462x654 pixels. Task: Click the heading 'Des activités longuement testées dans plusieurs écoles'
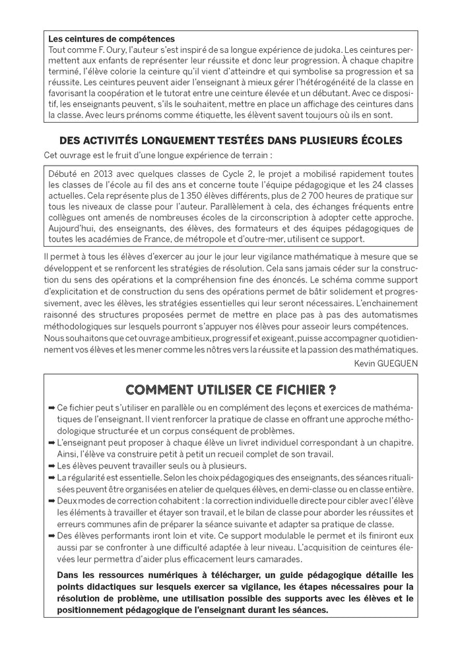tap(231, 141)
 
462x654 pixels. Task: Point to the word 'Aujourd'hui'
tap(70, 228)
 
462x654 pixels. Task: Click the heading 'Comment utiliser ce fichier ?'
tap(231, 389)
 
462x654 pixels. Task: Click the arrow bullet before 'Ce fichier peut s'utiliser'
tap(52, 409)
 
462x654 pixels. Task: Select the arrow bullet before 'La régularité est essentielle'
tap(52, 477)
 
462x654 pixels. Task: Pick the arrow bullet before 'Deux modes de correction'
tap(52, 500)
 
